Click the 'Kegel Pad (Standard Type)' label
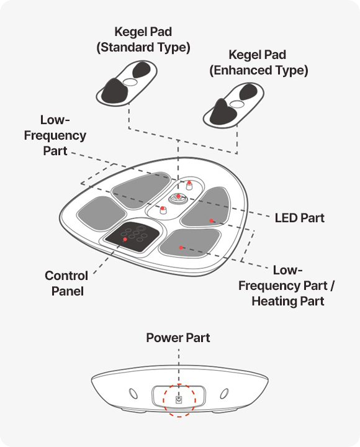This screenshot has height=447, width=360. (x=143, y=40)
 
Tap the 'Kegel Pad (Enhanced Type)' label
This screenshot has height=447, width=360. (x=259, y=63)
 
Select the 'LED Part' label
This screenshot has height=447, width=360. (x=299, y=218)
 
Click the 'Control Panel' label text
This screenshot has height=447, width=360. (x=66, y=283)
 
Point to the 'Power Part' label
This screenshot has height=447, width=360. (x=178, y=338)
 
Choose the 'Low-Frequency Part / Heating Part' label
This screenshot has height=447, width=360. (x=287, y=286)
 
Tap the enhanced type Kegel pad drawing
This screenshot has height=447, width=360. (x=233, y=106)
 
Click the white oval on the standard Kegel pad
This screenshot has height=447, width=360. (x=130, y=82)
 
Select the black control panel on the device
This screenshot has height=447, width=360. (x=132, y=237)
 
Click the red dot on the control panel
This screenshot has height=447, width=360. (x=125, y=240)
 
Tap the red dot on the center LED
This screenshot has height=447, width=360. (x=178, y=196)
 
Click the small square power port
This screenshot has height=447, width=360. (x=179, y=400)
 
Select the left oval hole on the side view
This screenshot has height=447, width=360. (x=133, y=394)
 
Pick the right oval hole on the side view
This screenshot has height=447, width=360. (x=224, y=394)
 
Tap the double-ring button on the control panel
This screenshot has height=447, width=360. (x=140, y=228)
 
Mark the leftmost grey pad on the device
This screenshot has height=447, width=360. (x=101, y=213)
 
